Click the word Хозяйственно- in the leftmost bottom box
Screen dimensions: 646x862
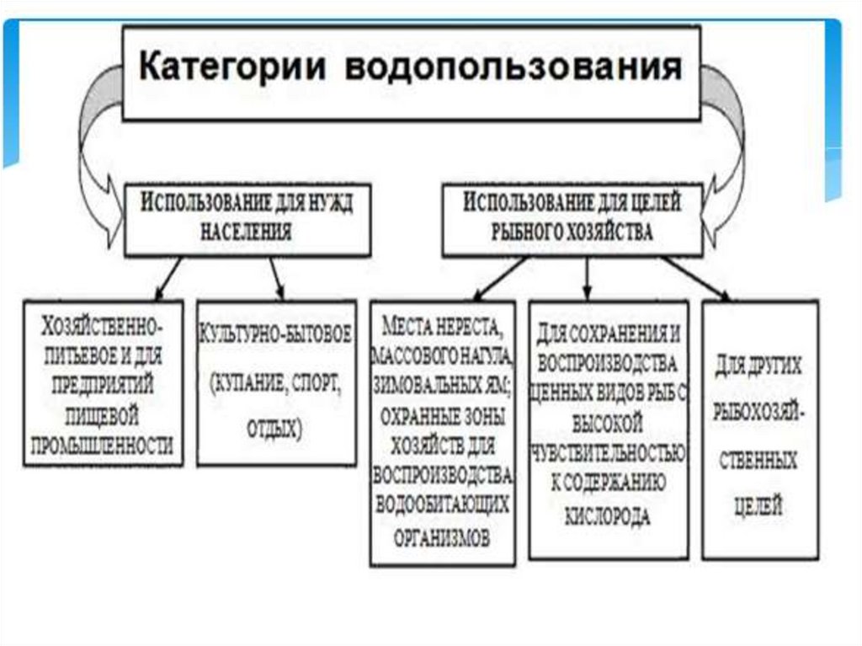103,324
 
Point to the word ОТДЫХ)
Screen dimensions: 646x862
274,428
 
